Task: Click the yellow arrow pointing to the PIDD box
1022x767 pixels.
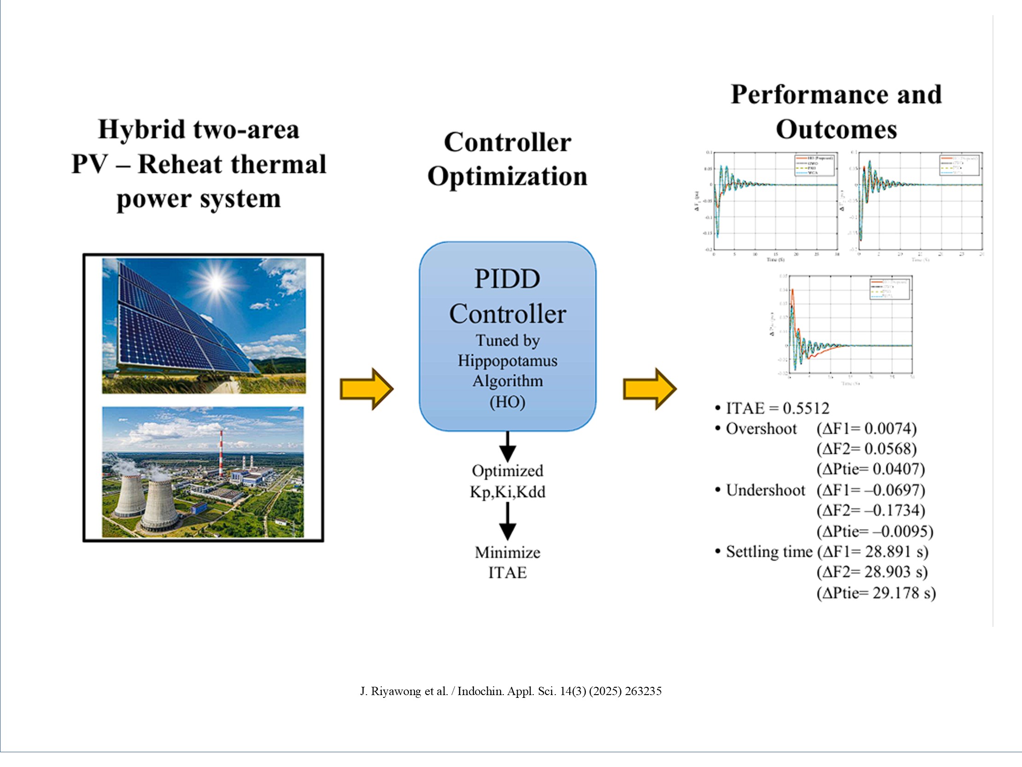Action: tap(367, 389)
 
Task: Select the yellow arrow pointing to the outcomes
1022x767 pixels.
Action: tap(649, 389)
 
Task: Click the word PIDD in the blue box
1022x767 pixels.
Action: tap(507, 279)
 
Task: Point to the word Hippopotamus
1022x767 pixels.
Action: tap(507, 360)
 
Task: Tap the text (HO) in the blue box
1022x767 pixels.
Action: tap(507, 401)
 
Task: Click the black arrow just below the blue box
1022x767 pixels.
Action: tap(507, 447)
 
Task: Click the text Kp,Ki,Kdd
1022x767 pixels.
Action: tap(507, 491)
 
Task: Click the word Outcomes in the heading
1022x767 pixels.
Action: tap(836, 130)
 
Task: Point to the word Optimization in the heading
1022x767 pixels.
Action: tap(507, 177)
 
